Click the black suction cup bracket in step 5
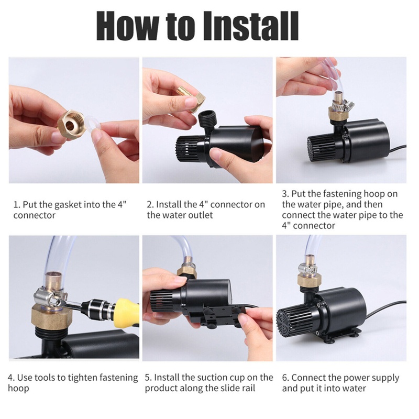[213, 315]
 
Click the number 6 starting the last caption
[285, 378]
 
